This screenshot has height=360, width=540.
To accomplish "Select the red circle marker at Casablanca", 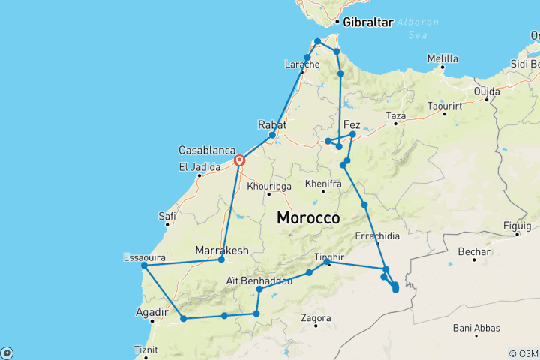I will [240, 160].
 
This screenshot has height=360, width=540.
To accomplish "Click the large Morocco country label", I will [308, 218].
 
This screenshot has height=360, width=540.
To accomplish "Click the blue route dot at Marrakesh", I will [220, 259].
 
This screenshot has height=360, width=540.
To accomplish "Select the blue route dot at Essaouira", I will [144, 265].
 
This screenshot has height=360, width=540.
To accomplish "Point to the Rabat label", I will [271, 124].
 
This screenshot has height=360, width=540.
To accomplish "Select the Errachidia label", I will [376, 235].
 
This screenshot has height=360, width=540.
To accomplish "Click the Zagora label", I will [316, 318].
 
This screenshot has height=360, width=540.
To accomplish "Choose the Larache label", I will [303, 64].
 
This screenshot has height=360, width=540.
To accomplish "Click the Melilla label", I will [442, 58].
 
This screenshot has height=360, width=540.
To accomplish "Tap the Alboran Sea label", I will [418, 28].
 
